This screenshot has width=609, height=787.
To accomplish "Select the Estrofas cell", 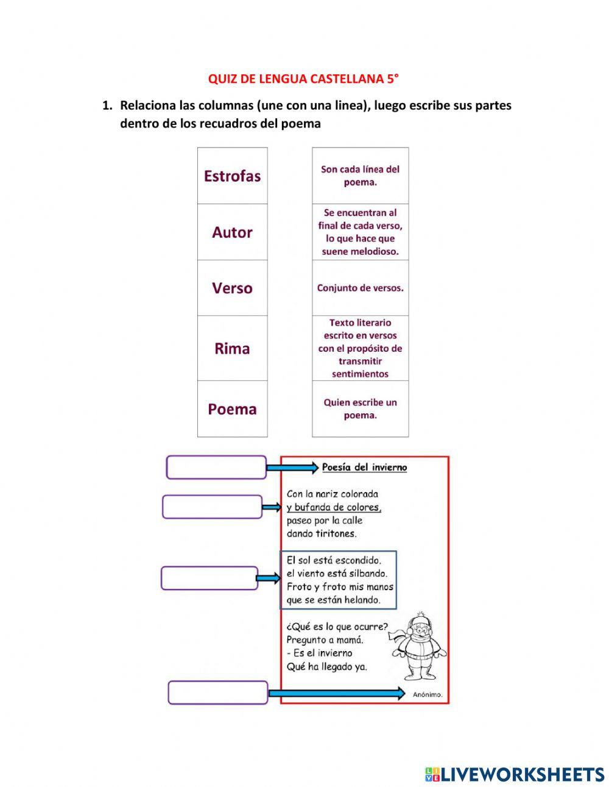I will (232, 176).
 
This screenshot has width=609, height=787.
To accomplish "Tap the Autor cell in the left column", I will (232, 232).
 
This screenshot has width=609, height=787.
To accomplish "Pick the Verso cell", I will (232, 288).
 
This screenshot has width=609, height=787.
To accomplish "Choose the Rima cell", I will (232, 349).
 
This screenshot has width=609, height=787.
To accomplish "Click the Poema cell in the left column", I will (232, 409).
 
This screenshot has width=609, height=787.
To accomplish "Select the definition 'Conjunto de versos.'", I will (360, 288).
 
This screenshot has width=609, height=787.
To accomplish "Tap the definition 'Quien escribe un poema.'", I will (360, 409).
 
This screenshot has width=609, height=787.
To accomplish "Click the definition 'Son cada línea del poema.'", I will (360, 176).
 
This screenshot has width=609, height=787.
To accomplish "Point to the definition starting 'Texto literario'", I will (360, 349).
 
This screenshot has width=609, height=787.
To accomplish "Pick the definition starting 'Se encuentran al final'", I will (360, 232).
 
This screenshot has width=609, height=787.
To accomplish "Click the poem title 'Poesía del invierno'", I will (364, 468).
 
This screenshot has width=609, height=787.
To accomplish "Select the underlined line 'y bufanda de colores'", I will (334, 507).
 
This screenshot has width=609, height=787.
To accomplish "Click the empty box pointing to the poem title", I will (216, 468).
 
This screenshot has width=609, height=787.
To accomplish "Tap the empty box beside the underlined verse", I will (212, 507).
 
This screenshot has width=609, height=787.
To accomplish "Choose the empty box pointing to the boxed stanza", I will (209, 578).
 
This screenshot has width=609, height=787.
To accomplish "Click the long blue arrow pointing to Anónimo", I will (336, 693).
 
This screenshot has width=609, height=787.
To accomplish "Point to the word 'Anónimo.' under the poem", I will (428, 694).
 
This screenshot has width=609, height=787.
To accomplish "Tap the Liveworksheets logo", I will (515, 774).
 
